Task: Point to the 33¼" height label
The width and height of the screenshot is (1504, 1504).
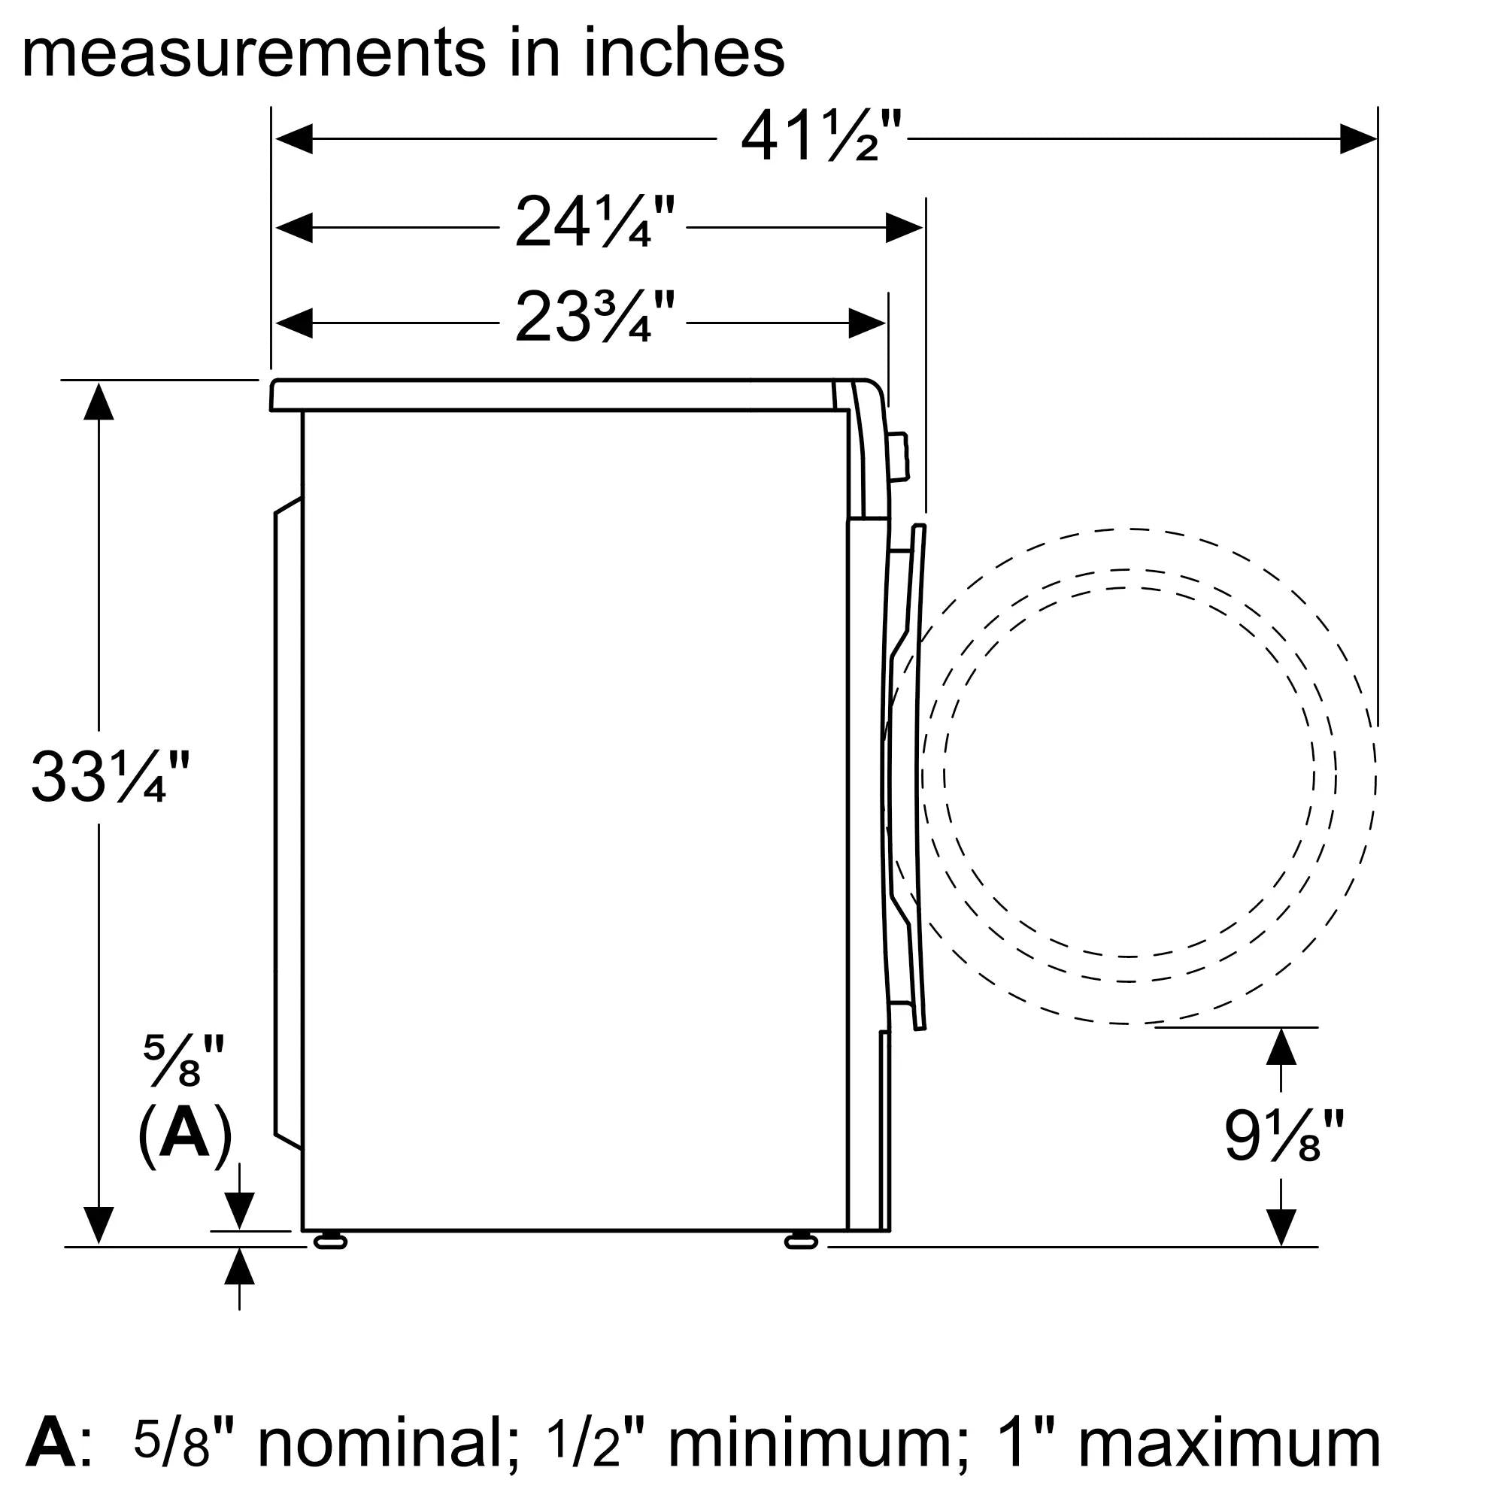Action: (110, 777)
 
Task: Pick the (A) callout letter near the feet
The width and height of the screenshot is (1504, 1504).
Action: (185, 1136)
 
